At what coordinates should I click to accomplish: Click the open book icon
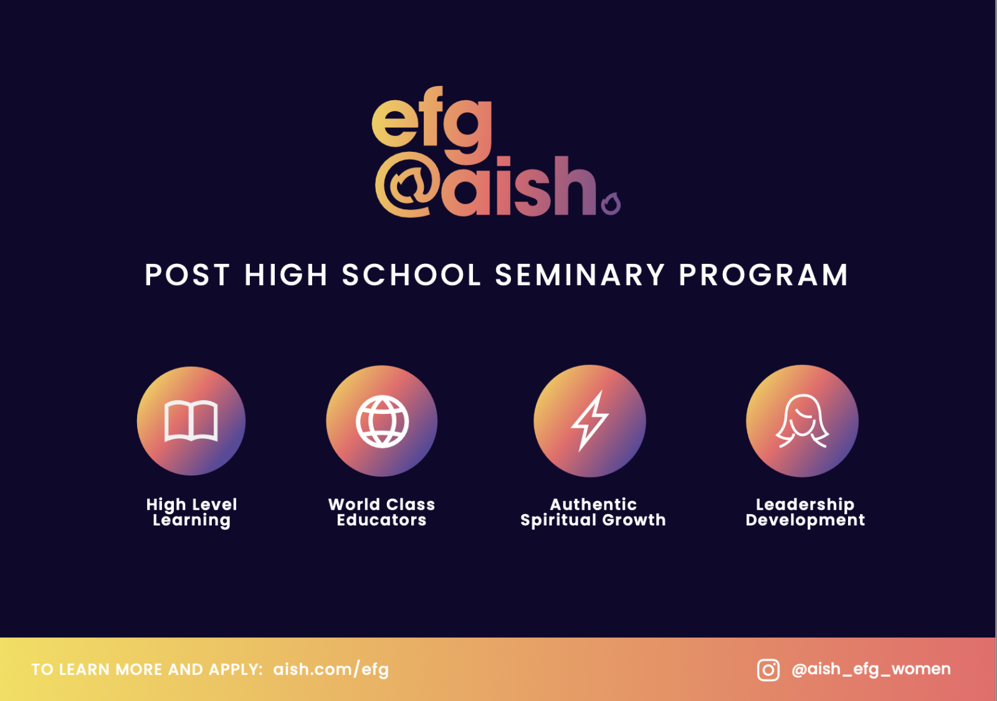191,420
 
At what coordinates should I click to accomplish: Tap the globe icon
382,421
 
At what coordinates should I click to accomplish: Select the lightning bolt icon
589,421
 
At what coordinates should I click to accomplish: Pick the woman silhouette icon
802,421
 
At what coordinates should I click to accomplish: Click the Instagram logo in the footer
768,670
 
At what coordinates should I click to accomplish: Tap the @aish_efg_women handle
871,669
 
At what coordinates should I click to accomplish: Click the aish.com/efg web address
331,669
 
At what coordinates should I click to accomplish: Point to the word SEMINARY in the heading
580,275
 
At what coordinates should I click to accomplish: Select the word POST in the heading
188,275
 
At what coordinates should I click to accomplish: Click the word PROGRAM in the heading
764,275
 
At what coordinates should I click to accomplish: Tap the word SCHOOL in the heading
411,275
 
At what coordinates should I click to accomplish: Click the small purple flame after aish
611,204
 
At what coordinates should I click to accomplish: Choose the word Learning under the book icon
191,520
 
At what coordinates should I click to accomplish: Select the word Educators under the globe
381,520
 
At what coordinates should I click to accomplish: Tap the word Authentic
593,504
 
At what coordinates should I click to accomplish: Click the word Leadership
805,505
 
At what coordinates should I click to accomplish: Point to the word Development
805,520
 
